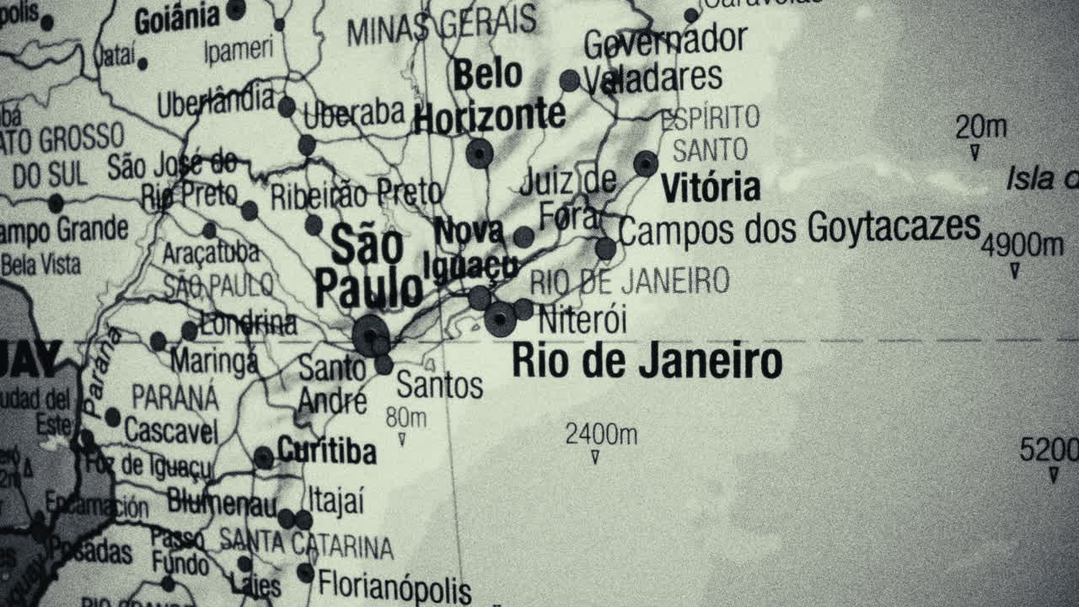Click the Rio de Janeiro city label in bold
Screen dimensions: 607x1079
(647, 362)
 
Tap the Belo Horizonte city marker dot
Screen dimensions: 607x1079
(479, 153)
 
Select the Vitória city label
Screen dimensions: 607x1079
(710, 187)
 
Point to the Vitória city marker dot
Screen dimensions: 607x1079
(646, 163)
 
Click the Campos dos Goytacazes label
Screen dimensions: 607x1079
(799, 228)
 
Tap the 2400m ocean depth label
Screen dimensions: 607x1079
(600, 435)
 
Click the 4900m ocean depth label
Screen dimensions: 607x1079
(1022, 246)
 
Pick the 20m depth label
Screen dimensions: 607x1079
(980, 128)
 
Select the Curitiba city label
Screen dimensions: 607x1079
(326, 451)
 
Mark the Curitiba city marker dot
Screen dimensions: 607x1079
(264, 458)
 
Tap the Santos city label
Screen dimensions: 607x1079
(439, 386)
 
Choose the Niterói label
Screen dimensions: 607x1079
(582, 320)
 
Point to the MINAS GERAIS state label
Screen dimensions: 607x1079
(442, 25)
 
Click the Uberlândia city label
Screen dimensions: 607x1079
(217, 103)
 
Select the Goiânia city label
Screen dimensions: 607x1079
(177, 19)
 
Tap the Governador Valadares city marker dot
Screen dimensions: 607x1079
(570, 81)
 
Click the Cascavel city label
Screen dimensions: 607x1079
(171, 431)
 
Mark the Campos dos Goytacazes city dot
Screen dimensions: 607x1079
(605, 249)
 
